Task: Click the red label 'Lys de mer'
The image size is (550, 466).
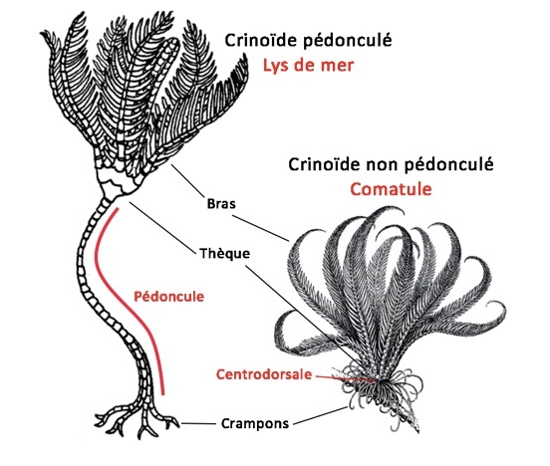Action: click(x=308, y=65)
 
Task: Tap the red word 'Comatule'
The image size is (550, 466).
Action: click(x=391, y=189)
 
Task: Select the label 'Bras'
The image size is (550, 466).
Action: click(x=221, y=204)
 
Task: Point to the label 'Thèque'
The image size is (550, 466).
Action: click(x=224, y=253)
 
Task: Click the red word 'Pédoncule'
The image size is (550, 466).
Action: click(x=168, y=297)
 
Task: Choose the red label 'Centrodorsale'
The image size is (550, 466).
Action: click(x=264, y=374)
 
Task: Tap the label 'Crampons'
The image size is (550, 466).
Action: click(x=255, y=423)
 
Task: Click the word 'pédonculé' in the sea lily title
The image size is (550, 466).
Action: click(x=348, y=41)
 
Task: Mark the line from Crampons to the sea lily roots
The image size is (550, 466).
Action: click(x=198, y=424)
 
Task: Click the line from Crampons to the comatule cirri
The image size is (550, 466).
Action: click(x=321, y=416)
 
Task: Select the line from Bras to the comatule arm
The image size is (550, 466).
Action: click(x=261, y=228)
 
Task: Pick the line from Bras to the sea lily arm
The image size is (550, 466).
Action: click(x=187, y=181)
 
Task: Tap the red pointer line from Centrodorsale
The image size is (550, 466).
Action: click(x=346, y=378)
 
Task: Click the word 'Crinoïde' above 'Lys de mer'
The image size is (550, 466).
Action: click(x=261, y=40)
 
